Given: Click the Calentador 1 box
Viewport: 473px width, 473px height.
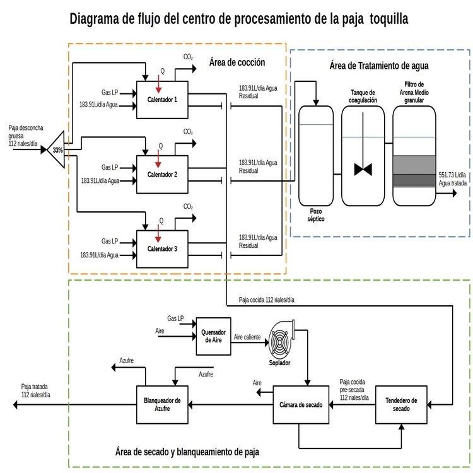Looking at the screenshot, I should pos(163,100).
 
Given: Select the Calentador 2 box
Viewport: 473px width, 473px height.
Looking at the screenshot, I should pos(163,174).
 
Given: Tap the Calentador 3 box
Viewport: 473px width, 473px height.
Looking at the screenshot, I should pos(163,248).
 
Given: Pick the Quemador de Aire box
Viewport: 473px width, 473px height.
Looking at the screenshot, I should pos(213,336).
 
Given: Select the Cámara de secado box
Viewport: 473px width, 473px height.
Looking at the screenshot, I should pos(300,404).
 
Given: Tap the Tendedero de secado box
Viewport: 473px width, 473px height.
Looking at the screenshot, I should pos(401,404).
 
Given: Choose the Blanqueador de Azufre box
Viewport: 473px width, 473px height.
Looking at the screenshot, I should pos(163,404).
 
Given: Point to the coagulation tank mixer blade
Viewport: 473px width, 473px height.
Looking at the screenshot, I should pos(363,170).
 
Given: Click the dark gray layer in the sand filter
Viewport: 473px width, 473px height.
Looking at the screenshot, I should pos(414,180).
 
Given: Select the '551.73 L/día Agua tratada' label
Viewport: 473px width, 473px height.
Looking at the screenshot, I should pos(452,178).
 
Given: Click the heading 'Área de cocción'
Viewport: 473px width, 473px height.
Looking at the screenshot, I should pos(237,62).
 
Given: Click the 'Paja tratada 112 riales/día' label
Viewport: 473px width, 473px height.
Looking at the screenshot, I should pos(36,390).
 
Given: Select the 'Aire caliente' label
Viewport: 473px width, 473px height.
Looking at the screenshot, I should pos(247,337).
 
